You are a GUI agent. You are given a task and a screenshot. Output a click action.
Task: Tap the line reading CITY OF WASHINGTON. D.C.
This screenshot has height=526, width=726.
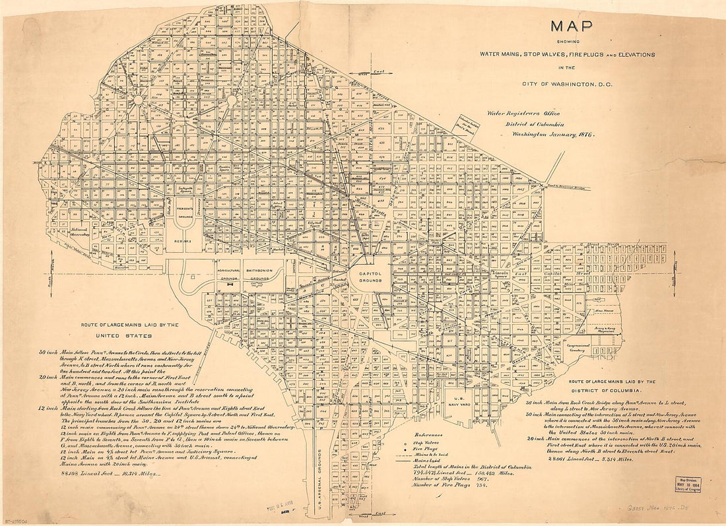click(568, 84)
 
